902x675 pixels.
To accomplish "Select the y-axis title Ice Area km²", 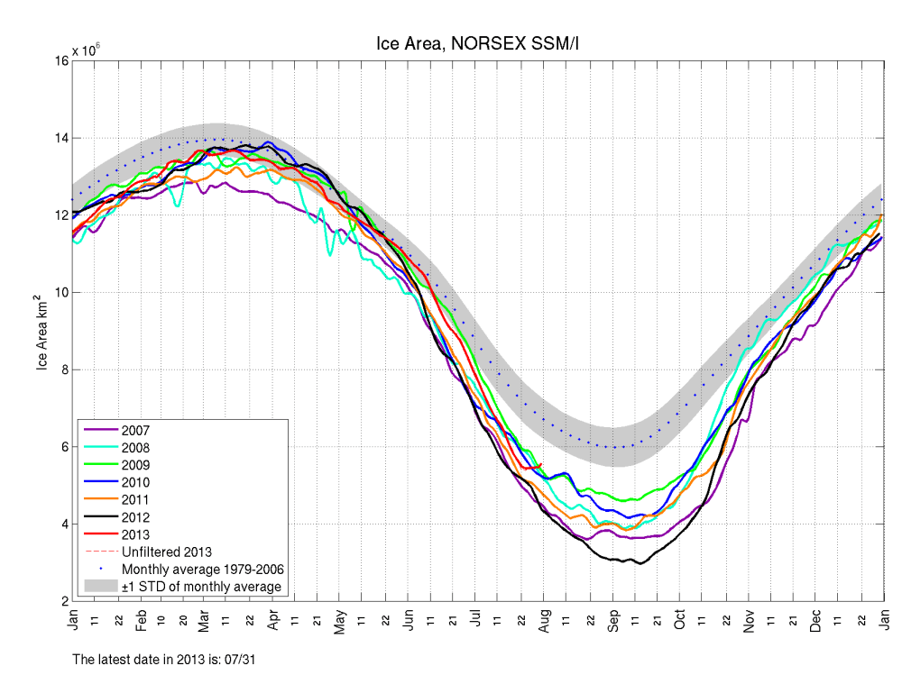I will coord(41,331).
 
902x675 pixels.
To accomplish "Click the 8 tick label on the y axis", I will coord(61,369).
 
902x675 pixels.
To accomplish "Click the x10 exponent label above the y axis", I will coord(86,50).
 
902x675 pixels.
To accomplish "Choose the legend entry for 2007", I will coord(136,430).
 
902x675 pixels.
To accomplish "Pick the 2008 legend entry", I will coord(136,447).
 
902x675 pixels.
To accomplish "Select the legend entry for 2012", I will coord(136,516).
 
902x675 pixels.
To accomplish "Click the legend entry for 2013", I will coord(136,534).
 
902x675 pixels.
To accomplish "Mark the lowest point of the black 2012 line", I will coord(640,563).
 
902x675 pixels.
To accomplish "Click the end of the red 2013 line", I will coord(541,464).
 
